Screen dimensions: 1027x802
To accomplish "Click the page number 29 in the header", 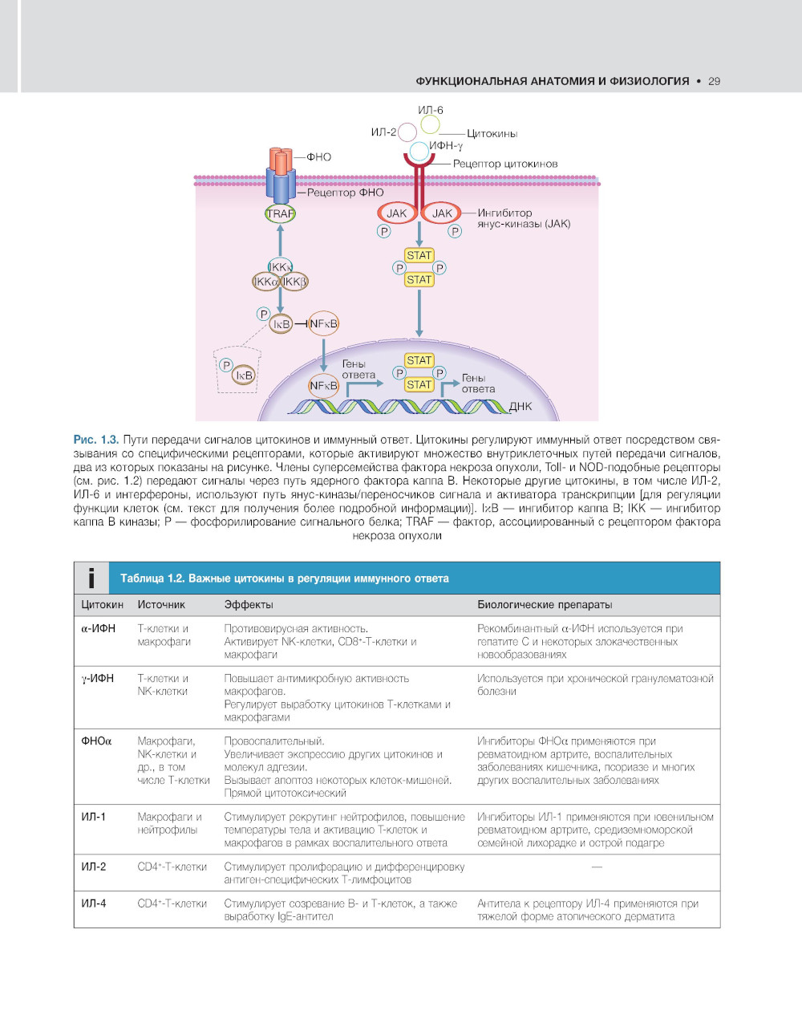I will click(714, 81).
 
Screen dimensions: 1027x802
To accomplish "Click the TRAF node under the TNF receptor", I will click(280, 214).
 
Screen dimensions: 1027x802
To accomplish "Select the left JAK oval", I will click(396, 213).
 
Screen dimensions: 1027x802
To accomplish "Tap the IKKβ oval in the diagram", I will click(294, 282).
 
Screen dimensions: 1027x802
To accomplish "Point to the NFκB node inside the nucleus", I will click(323, 386).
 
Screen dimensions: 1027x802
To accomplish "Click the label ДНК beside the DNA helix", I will click(520, 406).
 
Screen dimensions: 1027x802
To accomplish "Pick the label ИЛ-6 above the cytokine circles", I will click(430, 110).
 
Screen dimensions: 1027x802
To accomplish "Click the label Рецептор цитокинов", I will click(504, 164).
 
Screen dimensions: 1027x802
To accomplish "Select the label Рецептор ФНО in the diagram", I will click(345, 193).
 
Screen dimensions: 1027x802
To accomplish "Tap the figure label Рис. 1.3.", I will click(96, 440).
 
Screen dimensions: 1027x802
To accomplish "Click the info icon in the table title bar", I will click(91, 578).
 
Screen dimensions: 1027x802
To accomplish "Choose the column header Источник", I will click(161, 604).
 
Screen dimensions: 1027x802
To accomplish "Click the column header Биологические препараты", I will click(545, 604).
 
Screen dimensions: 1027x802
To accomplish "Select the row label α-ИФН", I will click(98, 629).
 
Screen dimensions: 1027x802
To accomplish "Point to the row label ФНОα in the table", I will click(96, 741).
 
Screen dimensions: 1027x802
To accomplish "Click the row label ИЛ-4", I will click(93, 903).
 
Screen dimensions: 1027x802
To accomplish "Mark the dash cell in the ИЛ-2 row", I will click(596, 867).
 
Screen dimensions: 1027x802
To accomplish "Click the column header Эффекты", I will click(249, 604).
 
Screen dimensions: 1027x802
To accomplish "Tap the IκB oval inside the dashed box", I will click(243, 375).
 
